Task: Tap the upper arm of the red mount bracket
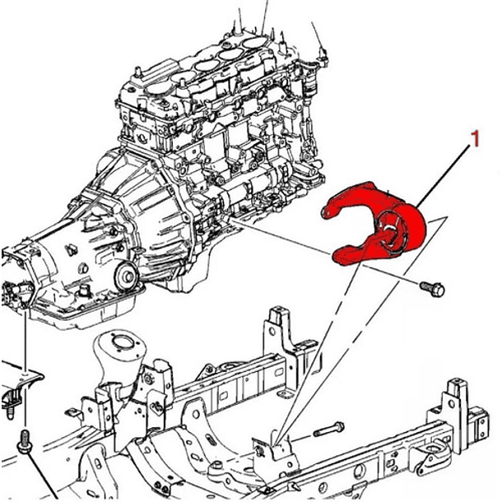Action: point(349,200)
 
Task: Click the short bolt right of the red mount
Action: point(432,289)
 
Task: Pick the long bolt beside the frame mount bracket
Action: point(329,429)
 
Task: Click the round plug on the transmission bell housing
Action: point(127,276)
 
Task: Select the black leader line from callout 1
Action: point(443,175)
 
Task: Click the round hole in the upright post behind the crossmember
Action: point(272,331)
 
